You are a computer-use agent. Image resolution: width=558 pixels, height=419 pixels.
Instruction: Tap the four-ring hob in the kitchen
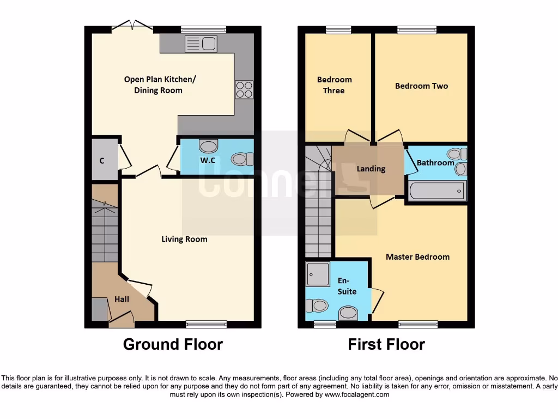pos(244,89)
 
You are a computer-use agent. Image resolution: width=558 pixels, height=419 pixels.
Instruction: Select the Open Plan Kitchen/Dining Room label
pos(159,85)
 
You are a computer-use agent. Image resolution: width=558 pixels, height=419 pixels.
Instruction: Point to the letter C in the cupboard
pos(102,160)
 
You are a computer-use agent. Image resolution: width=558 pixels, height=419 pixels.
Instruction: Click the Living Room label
pos(184,239)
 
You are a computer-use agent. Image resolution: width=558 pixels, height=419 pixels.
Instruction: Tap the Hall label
pos(122,299)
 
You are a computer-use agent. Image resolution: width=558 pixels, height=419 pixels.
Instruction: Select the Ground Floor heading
pos(173,344)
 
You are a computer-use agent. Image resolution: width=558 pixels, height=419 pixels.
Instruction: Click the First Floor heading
pos(386,344)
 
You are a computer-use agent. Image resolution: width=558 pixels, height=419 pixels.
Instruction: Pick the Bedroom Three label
pos(334,85)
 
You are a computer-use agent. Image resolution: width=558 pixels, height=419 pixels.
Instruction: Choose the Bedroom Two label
pos(421,86)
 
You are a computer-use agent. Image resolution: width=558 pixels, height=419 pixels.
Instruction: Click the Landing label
pos(371,169)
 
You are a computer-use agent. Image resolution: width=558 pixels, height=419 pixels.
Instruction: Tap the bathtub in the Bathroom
pos(437,191)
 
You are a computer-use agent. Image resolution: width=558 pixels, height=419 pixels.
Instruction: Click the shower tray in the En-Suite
pos(318,274)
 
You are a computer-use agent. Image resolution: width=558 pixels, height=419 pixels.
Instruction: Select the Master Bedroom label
pos(417,256)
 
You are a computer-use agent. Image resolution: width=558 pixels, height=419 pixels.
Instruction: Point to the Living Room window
pos(206,324)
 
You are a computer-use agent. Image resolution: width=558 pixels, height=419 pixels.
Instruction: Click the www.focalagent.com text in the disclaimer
pos(357,394)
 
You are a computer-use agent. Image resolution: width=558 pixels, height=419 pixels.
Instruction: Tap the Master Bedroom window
pos(417,324)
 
